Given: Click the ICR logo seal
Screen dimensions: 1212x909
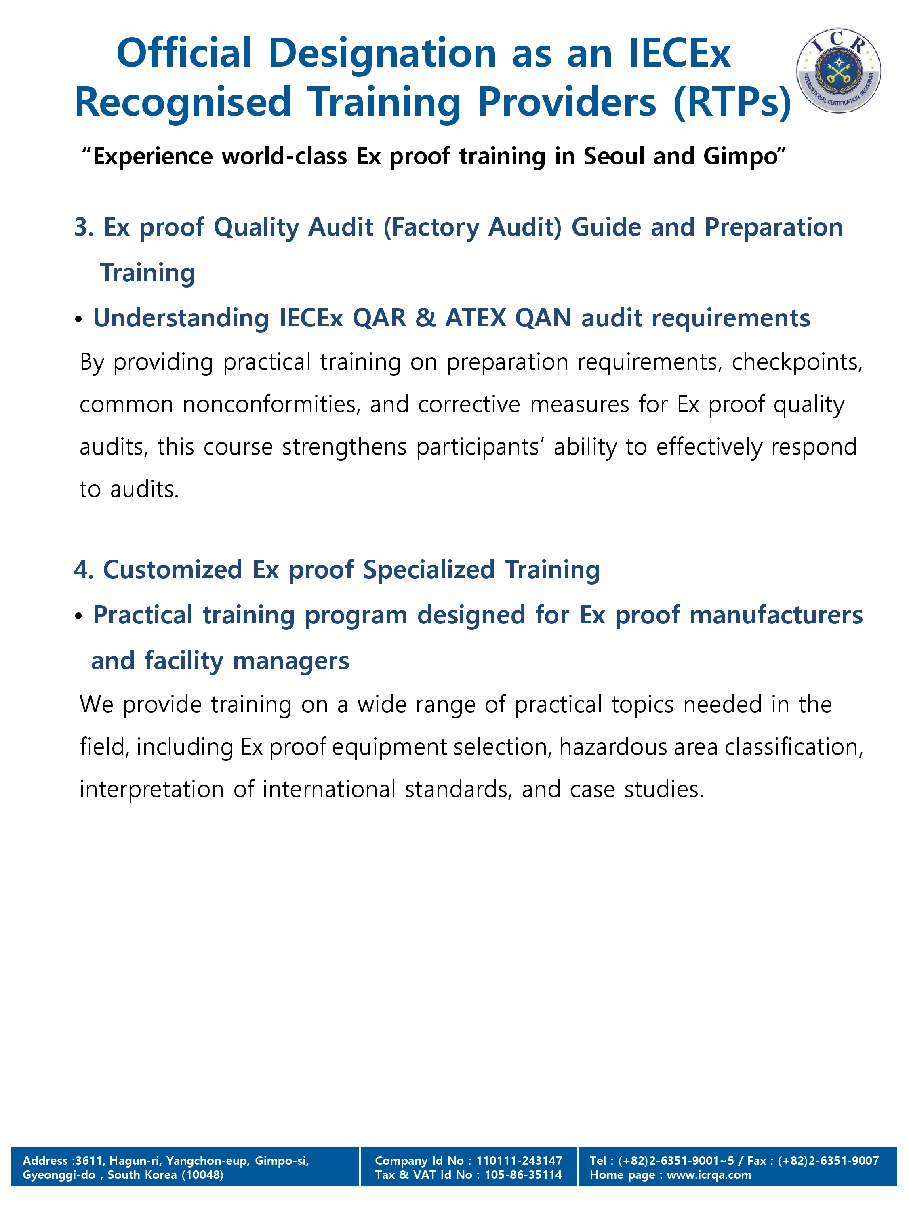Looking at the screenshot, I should coord(838,71).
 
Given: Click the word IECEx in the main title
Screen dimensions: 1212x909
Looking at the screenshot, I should coord(680,53).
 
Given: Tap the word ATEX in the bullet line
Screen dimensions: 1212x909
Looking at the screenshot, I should coord(476,318).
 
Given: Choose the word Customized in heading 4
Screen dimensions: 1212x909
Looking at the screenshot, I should coord(173,570).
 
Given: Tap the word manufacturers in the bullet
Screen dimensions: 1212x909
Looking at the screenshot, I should coord(776,615).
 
